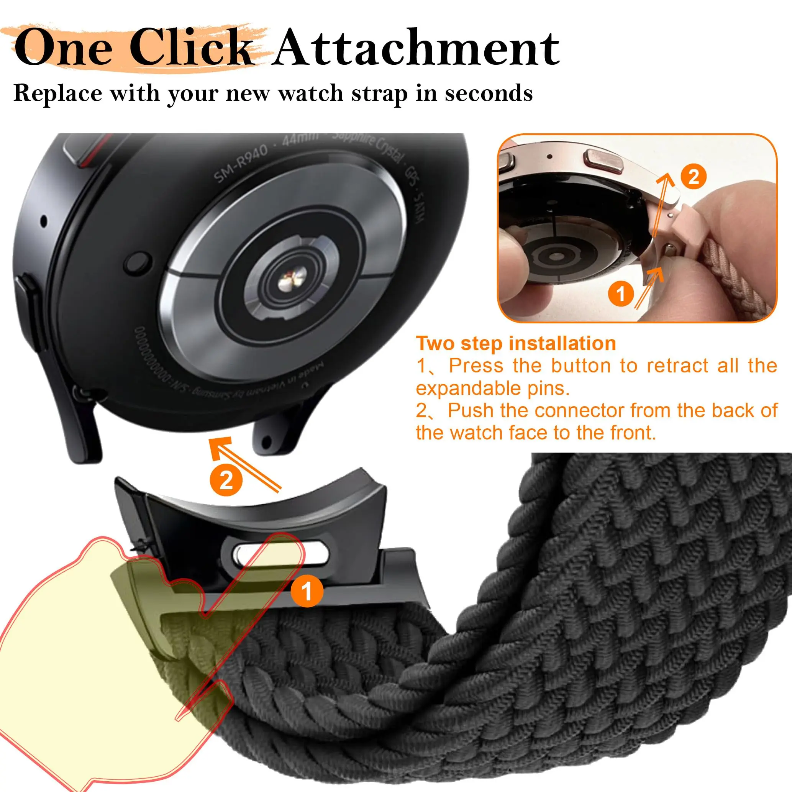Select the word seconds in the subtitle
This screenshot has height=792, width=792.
tap(489, 93)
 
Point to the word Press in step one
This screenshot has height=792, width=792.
tap(476, 365)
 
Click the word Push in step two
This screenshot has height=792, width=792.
tap(470, 410)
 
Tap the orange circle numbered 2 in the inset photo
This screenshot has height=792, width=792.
tap(693, 177)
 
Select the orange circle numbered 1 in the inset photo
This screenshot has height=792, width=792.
tap(621, 294)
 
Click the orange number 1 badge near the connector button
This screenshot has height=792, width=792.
tap(307, 591)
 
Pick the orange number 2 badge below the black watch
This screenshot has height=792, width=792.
tap(226, 480)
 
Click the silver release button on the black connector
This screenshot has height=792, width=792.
tap(280, 554)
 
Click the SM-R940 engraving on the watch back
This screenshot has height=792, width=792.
tap(241, 163)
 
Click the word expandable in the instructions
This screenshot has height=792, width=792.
tap(467, 388)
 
